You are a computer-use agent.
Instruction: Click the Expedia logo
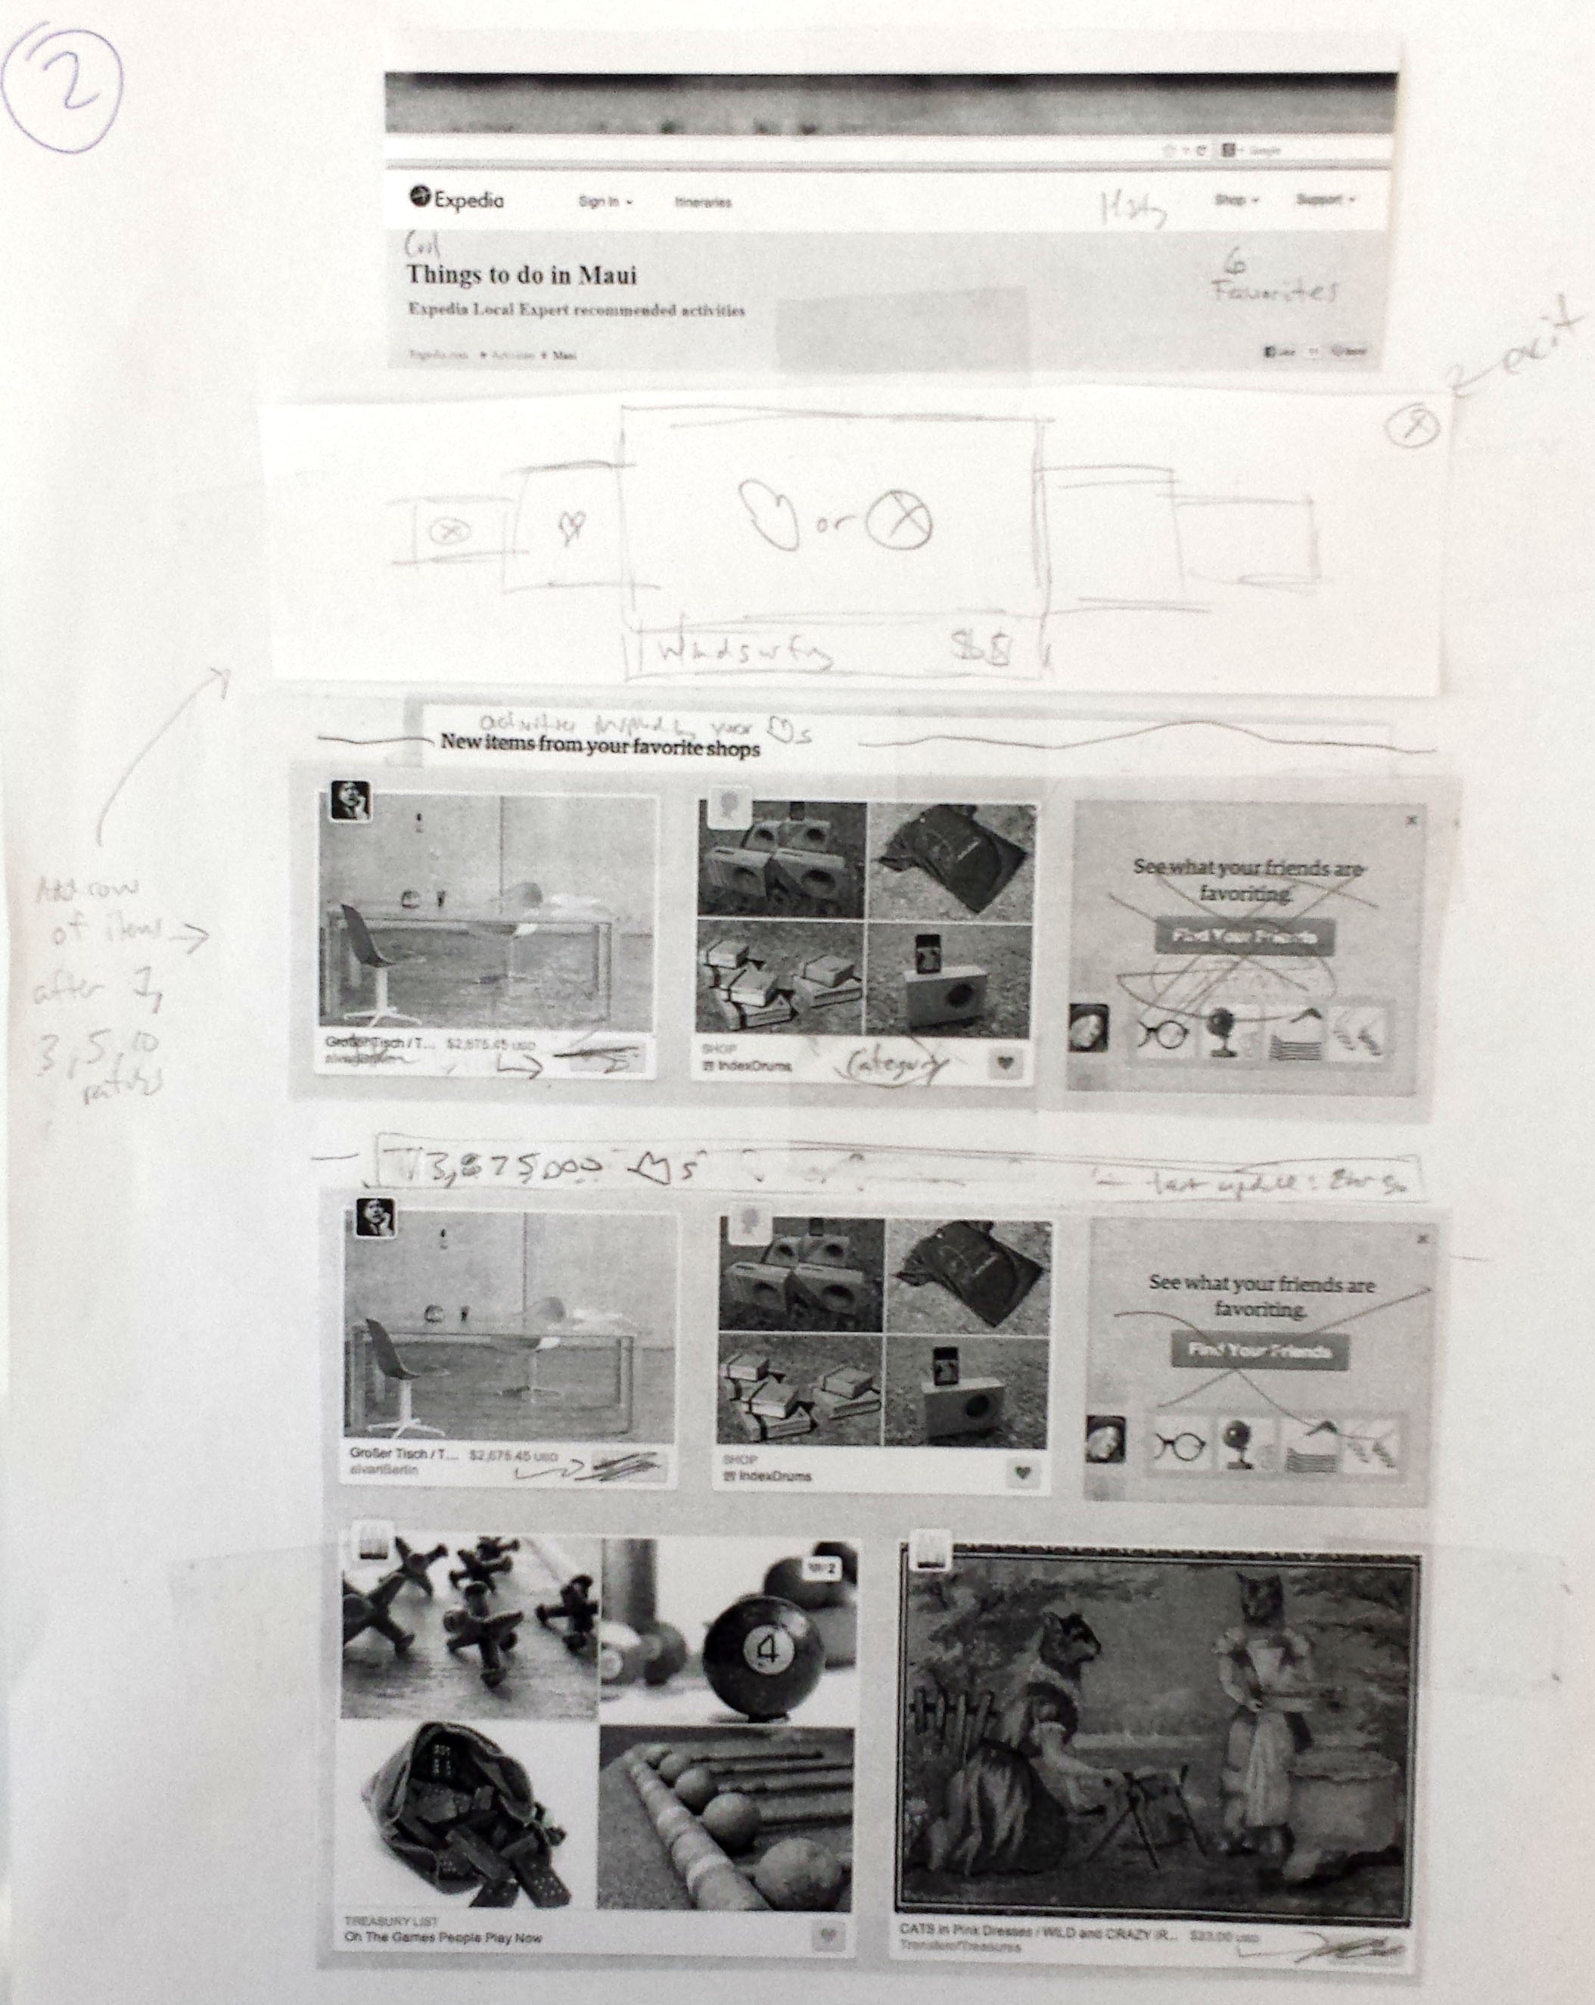[x=458, y=199]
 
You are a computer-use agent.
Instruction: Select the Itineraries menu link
[x=703, y=202]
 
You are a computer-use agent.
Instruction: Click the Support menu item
[x=1323, y=199]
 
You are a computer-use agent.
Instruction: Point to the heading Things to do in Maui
[x=521, y=275]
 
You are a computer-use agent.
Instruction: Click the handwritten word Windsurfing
[x=744, y=653]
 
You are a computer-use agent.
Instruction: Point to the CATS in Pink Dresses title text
[x=1036, y=1932]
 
